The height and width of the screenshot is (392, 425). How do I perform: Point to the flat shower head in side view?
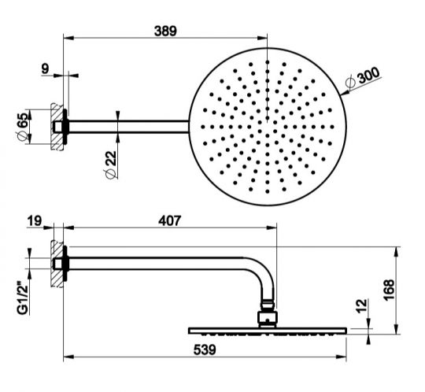coord(268,329)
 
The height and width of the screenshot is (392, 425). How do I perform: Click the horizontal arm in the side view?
coord(157,260)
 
